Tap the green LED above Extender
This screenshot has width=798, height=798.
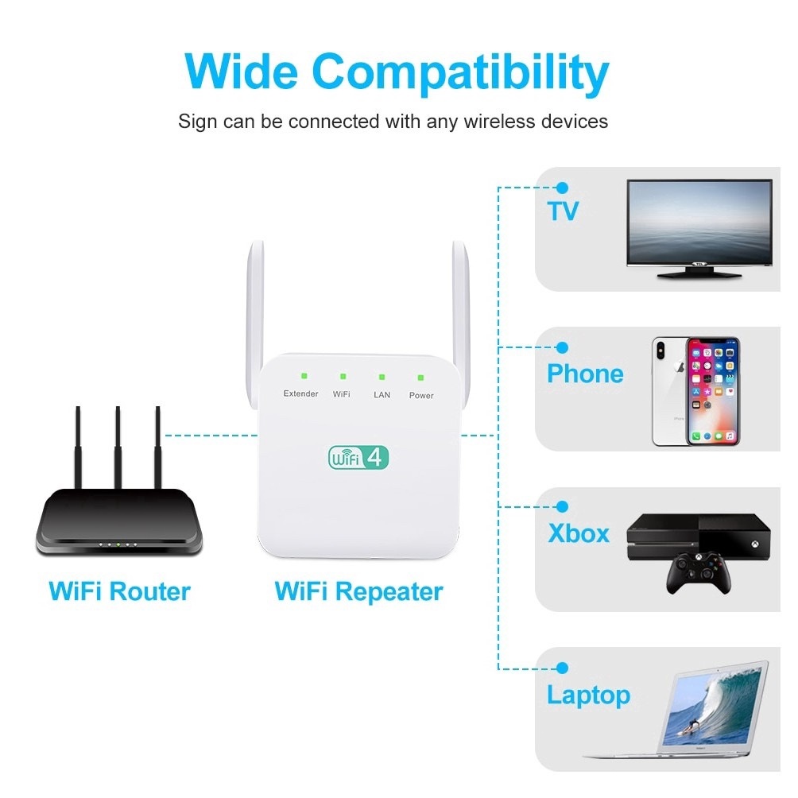coord(304,376)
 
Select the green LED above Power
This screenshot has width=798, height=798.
coord(421,378)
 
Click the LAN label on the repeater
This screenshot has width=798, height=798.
coord(382,395)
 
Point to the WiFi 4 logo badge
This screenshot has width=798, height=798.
coord(358,457)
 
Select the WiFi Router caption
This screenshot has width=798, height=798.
coord(119,591)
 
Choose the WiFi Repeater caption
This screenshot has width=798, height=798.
coord(358,591)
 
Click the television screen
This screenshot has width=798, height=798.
coord(699,223)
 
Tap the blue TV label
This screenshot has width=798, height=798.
coord(563,211)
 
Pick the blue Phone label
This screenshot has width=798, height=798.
coord(585,374)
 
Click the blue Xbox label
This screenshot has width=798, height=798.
coord(579,533)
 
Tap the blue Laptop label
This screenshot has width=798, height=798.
coord(588,695)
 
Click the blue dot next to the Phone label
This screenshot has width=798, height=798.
coord(563,348)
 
